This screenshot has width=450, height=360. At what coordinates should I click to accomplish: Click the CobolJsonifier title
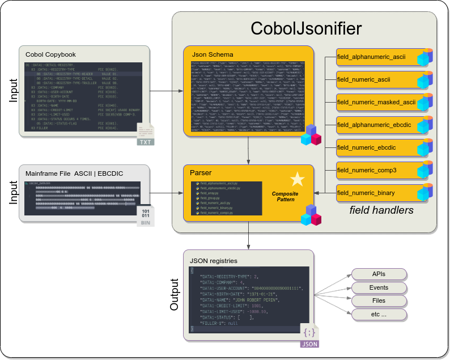coord(306,29)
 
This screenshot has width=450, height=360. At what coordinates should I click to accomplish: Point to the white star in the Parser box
coord(297,180)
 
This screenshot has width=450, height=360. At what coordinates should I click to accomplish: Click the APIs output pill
coord(379,274)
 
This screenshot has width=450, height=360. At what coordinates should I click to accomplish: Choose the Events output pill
coord(379,287)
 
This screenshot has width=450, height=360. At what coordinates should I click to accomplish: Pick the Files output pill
coord(379,300)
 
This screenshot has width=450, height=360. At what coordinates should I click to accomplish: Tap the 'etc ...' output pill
coord(379,314)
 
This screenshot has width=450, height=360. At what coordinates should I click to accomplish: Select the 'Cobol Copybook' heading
coord(50,54)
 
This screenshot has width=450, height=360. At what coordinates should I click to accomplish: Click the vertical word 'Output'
coord(175,294)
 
